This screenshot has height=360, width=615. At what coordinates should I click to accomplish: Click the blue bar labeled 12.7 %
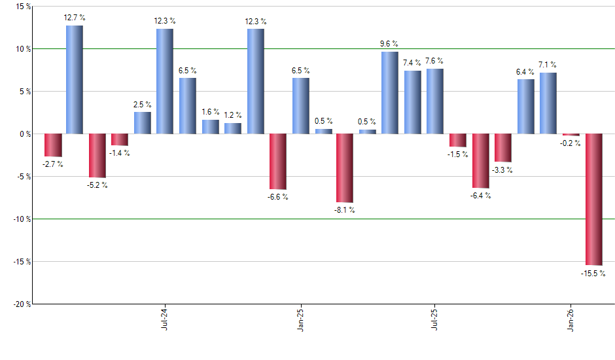click(x=75, y=79)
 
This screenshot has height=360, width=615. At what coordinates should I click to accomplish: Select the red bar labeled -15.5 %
click(x=593, y=199)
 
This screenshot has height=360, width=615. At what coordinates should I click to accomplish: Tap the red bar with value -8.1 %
click(x=345, y=168)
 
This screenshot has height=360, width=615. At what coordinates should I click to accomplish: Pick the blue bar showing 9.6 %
click(x=390, y=92)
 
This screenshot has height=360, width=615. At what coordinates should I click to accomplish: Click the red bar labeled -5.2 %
click(x=97, y=156)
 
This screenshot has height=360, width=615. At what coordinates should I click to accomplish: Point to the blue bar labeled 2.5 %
click(x=143, y=123)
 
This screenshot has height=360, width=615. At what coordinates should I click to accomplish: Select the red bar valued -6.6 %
click(x=277, y=162)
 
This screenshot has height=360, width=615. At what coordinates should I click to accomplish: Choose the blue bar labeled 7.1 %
click(x=548, y=103)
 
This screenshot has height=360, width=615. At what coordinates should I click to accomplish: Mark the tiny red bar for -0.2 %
click(x=571, y=135)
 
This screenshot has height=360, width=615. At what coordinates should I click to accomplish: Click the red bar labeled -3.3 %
click(x=503, y=148)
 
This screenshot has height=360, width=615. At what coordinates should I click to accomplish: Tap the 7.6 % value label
click(x=434, y=61)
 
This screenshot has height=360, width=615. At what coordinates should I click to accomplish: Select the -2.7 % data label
click(x=52, y=164)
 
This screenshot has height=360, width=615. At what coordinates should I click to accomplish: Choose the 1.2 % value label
click(x=232, y=115)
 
